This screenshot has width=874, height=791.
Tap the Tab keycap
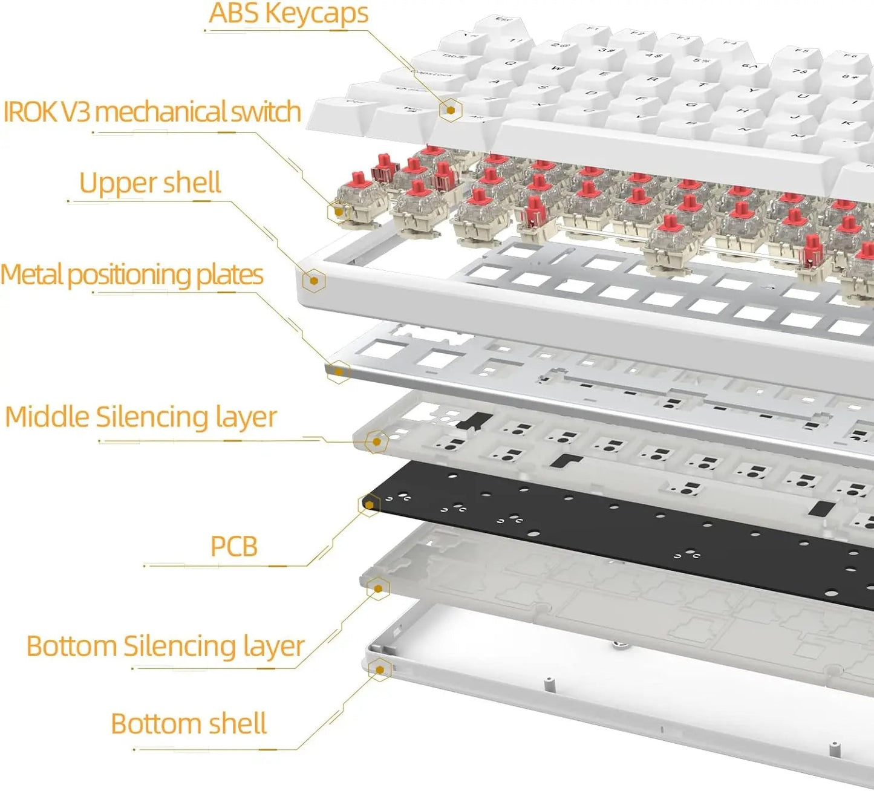pos(455,57)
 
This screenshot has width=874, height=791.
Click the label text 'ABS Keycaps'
pos(289,14)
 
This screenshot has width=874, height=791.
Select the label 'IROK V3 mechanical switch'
pos(152,112)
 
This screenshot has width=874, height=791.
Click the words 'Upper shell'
pos(150,183)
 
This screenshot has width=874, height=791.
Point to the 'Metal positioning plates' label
pos(132,275)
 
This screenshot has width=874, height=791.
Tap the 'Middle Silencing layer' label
pos(141,417)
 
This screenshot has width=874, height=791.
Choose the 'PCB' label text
pos(234,546)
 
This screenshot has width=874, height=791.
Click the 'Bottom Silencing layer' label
pos(165,646)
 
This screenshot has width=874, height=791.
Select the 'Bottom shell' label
pos(189,724)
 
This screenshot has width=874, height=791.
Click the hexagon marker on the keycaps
pos(451,109)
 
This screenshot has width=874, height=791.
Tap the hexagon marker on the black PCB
pos(369,504)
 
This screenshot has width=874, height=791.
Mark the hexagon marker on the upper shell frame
pos(314,280)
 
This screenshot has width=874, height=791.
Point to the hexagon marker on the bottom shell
pos(380,669)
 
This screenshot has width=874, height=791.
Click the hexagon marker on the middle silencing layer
pos(377,441)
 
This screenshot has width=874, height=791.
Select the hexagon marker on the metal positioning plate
pos(339,371)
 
